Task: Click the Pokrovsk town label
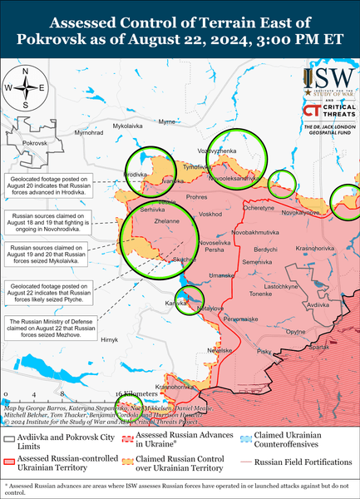pos(36,143)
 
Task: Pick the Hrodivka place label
pos(136,174)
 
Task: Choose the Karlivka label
pos(175,304)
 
